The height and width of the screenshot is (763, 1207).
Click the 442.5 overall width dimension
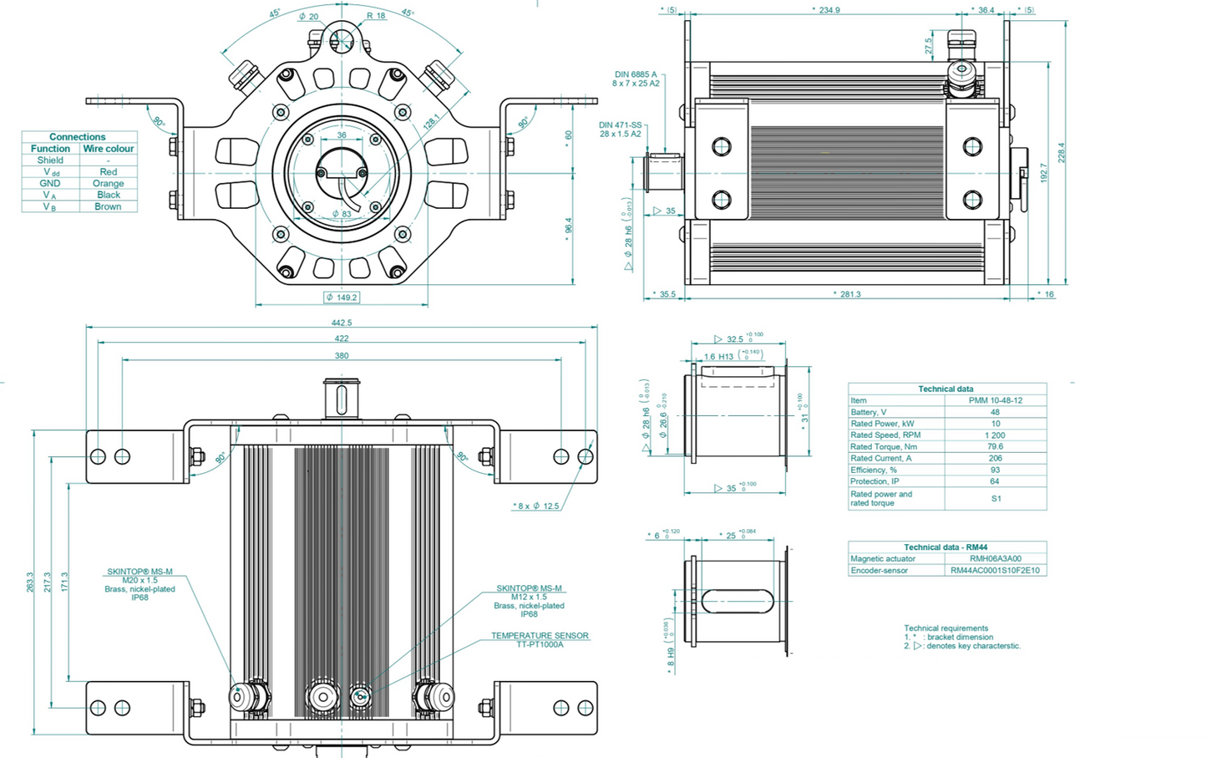pos(342,323)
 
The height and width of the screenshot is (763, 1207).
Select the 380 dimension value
pos(342,355)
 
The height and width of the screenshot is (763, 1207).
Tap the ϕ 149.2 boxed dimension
pos(342,298)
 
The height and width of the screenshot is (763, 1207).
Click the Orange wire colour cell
pos(109,183)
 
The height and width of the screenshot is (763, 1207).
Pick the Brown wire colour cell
pos(109,206)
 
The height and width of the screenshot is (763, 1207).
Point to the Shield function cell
pos(50,160)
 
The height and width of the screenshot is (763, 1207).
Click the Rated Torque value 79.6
pos(995,446)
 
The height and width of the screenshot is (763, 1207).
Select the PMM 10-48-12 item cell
pos(995,400)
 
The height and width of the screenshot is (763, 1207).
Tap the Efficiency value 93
pos(995,470)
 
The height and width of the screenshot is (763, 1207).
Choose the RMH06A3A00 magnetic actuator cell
pos(995,558)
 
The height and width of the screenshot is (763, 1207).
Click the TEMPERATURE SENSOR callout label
pos(540,636)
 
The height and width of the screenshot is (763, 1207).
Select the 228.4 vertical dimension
pos(1062,152)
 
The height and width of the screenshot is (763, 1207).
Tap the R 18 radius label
pos(376,16)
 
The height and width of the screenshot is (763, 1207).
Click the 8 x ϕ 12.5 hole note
pos(537,506)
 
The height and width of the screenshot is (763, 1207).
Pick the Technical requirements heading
pos(946,628)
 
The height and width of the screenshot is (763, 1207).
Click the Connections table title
pos(78,136)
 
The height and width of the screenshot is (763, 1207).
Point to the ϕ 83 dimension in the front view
pos(341,214)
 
